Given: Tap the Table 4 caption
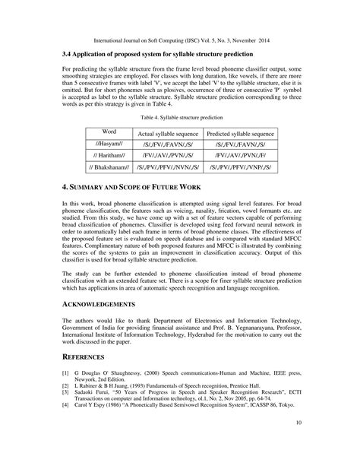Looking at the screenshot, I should [x=180, y=118].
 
